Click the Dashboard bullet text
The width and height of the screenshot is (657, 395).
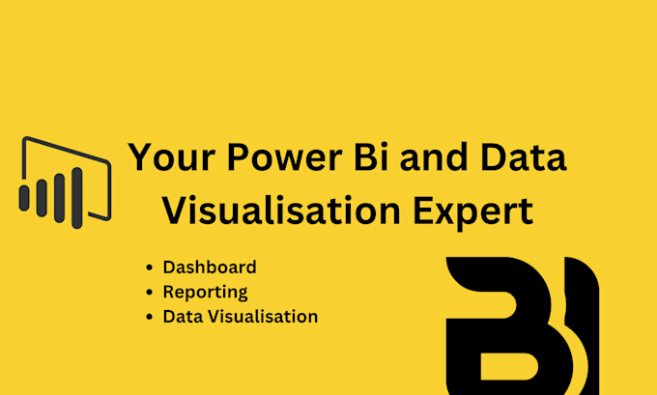[210, 267]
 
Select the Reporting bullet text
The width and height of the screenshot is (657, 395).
[205, 292]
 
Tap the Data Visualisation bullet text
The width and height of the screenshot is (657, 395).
[240, 316]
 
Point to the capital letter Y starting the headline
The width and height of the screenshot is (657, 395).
[142, 157]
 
